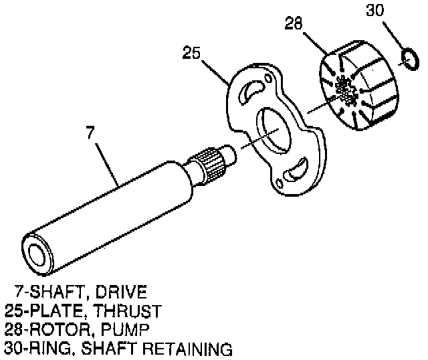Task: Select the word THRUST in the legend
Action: tap(126, 311)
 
